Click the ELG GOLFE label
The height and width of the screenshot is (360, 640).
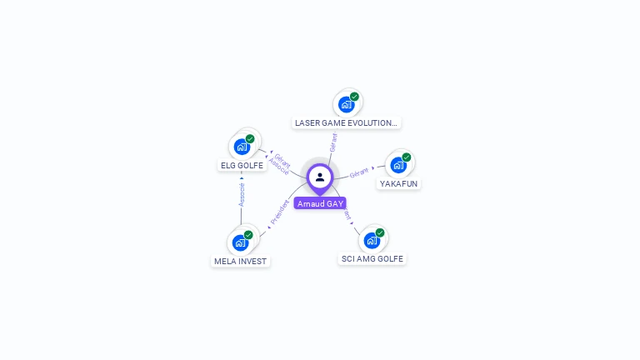pos(242,165)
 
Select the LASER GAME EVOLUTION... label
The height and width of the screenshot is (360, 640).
pos(347,122)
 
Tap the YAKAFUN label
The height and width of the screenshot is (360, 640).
pos(398,183)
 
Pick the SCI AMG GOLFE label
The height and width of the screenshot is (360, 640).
pos(372,258)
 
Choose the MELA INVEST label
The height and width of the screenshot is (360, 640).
pos(240,261)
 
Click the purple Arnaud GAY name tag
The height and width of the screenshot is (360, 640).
pos(320,203)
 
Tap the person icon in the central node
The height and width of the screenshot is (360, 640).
pos(320,177)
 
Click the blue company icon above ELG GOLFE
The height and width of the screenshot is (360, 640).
pos(242,147)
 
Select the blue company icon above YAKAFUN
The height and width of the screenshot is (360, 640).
pos(398,164)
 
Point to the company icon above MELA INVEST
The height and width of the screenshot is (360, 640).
pos(240,243)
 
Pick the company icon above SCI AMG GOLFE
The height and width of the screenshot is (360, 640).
pos(372,241)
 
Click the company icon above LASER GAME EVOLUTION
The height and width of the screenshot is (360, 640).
pos(346,104)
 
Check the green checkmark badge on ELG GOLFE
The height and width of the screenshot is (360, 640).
pos(250,138)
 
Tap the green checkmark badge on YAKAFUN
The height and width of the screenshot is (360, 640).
pos(407,157)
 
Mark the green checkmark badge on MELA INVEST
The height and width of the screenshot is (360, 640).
pos(248,235)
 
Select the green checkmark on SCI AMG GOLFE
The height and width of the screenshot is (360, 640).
pos(380,232)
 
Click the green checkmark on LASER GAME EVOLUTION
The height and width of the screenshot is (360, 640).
pos(354,97)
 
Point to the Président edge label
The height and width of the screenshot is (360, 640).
pos(280,212)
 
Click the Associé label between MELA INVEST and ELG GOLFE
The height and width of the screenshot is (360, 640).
pos(242,194)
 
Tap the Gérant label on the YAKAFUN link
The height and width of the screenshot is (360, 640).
pos(359,172)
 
